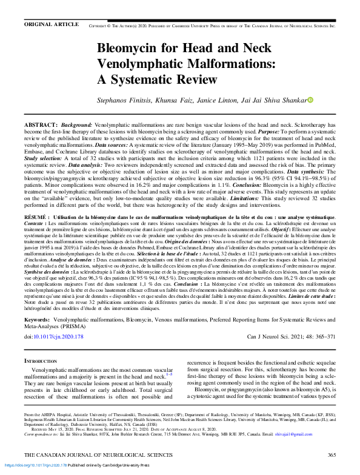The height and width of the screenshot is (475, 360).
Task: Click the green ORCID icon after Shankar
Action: coord(311,100)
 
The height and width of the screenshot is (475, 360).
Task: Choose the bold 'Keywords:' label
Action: coord(41,318)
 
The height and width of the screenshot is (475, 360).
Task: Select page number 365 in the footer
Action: coord(331,455)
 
